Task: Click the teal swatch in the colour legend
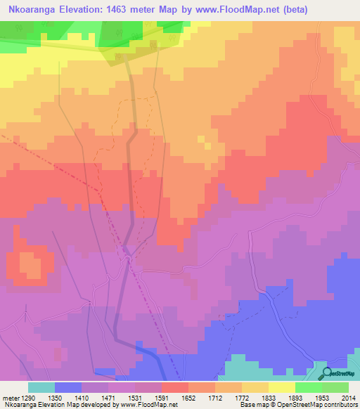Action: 41,387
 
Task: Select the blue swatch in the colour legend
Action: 67,387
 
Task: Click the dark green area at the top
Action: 127,39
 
